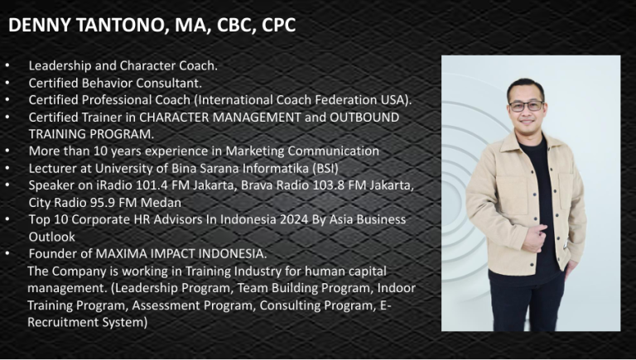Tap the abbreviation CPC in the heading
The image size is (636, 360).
pos(278,25)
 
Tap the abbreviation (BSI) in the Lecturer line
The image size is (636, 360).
pos(325,168)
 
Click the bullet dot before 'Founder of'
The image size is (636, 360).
pos(7,253)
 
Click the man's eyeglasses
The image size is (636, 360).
pos(526,106)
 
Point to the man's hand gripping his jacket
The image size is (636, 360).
pos(534,238)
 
